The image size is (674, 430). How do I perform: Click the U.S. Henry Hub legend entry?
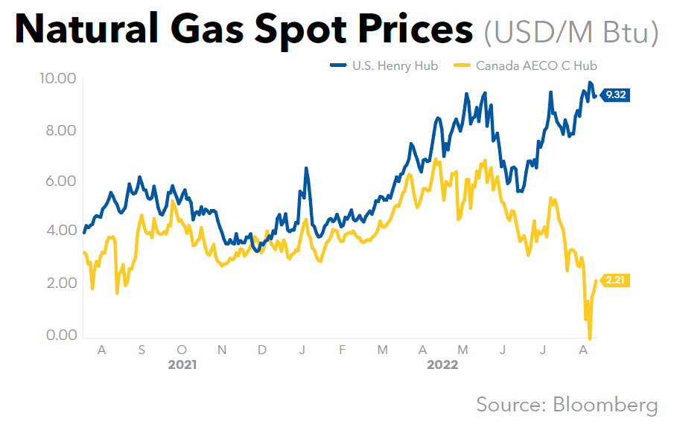pos(384,65)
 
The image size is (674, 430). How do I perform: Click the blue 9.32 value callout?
pos(616,94)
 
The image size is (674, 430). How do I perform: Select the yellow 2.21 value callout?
pos(615,280)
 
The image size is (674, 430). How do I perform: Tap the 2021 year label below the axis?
pos(182,365)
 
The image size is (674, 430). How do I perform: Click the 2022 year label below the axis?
pos(442,365)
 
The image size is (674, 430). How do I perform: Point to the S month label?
pos(142,349)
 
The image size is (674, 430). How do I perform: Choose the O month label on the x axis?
pos(182,349)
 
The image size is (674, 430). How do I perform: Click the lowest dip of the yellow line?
pos(590,338)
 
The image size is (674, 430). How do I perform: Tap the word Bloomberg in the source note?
pos(605,405)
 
